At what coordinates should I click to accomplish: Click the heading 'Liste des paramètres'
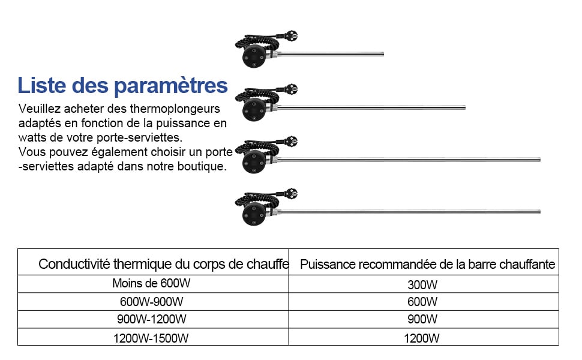[122, 85]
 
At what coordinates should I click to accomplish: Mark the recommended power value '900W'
[424, 319]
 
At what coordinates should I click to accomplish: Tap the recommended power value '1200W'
[424, 338]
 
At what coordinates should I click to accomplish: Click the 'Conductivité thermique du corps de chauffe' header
[163, 264]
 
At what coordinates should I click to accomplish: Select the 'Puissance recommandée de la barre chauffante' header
[427, 264]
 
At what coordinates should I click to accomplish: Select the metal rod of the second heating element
[372, 108]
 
